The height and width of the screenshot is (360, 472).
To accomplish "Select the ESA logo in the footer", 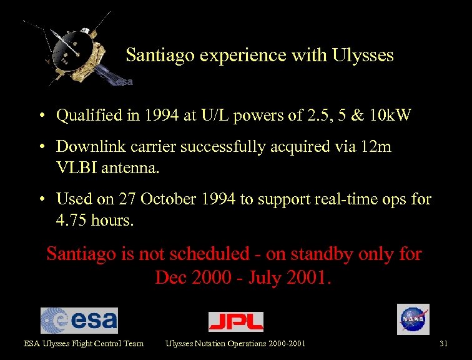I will pos(79,320).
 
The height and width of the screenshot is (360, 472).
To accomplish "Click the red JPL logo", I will pos(235,321).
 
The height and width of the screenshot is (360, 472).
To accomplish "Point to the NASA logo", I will pos(413,319).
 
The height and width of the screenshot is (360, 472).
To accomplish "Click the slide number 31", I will pos(444,343).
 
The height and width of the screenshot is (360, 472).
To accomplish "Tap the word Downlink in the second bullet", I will pos(84,146).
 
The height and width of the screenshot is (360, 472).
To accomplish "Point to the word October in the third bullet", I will pos(164,199).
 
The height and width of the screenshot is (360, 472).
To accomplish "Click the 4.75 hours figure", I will pos(95,221).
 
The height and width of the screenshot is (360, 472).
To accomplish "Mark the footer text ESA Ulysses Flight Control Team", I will pos(84,343).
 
